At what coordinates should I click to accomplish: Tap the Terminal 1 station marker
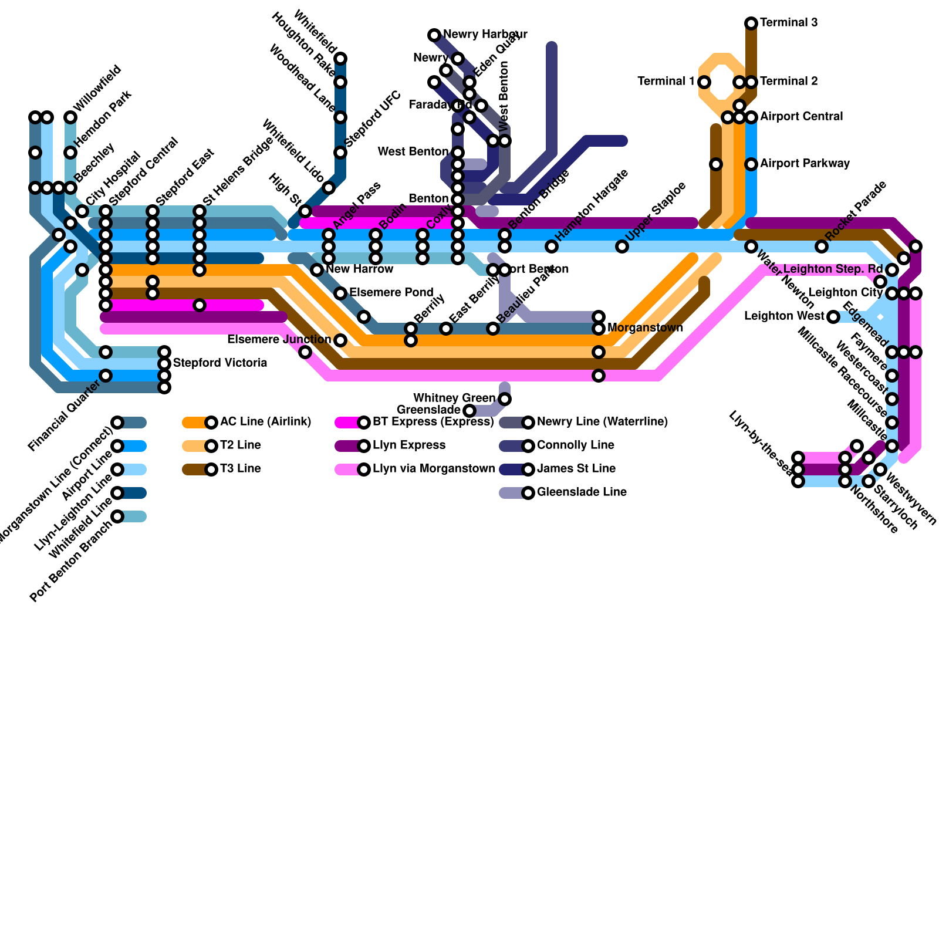[704, 82]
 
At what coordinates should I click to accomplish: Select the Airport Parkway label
[805, 164]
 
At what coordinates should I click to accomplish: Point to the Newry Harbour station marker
[434, 35]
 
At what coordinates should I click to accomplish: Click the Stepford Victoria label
[220, 363]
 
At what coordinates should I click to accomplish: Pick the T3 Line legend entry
[240, 469]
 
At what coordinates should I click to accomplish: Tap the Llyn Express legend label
[408, 445]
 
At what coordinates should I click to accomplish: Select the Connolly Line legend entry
[575, 445]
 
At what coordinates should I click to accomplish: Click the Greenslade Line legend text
[581, 492]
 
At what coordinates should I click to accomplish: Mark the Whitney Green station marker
[505, 399]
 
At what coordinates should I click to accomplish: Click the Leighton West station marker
[833, 317]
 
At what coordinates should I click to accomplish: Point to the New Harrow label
[359, 269]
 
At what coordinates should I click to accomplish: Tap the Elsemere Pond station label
[391, 293]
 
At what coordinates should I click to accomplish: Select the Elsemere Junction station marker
[340, 340]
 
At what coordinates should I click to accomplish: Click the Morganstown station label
[645, 328]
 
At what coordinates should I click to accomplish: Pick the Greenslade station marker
[469, 410]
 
